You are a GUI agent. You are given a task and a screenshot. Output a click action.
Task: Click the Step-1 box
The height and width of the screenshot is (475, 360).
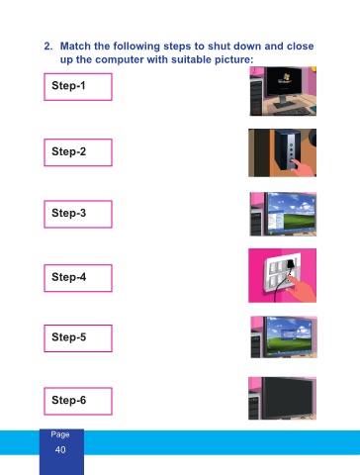(78, 87)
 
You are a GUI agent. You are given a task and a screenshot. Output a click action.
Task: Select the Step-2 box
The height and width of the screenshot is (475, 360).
(78, 152)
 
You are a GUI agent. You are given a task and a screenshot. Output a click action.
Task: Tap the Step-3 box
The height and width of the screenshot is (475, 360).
(78, 214)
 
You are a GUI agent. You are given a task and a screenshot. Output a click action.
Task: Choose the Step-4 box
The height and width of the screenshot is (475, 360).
(78, 278)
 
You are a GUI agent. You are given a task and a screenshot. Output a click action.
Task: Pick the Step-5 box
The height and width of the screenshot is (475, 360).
(78, 338)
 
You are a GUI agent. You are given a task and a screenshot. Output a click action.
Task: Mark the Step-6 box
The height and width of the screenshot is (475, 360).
(78, 401)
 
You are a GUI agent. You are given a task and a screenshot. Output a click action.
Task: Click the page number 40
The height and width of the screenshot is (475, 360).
(60, 449)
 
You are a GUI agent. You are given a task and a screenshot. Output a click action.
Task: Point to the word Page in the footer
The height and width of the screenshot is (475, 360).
(60, 434)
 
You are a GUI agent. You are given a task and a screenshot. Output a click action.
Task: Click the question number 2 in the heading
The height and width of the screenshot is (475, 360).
(48, 46)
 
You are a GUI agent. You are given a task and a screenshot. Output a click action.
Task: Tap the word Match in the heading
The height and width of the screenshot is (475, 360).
(76, 46)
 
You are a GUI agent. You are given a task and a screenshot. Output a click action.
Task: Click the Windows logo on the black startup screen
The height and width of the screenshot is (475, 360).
(285, 77)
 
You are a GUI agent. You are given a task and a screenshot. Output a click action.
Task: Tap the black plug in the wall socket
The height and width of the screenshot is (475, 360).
(291, 264)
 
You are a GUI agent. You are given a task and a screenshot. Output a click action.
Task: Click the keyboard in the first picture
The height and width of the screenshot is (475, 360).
(292, 112)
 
